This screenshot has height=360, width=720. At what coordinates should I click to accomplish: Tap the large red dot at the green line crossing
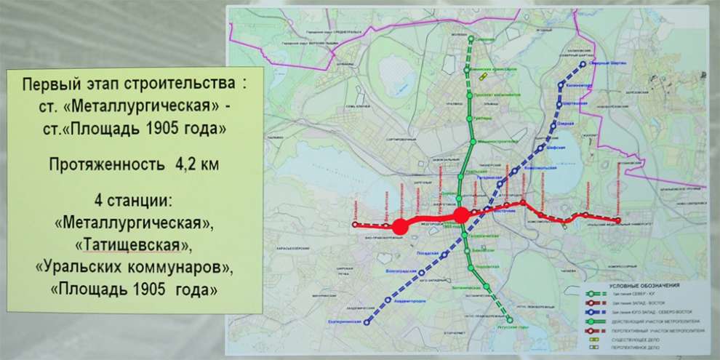(x=461, y=215)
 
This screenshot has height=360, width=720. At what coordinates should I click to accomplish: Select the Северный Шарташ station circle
(x=585, y=65)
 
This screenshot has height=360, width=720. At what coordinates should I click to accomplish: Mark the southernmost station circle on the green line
(x=510, y=320)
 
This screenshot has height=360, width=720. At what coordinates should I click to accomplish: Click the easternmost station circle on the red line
(x=618, y=220)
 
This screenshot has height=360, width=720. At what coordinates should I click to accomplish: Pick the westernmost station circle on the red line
(x=354, y=225)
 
